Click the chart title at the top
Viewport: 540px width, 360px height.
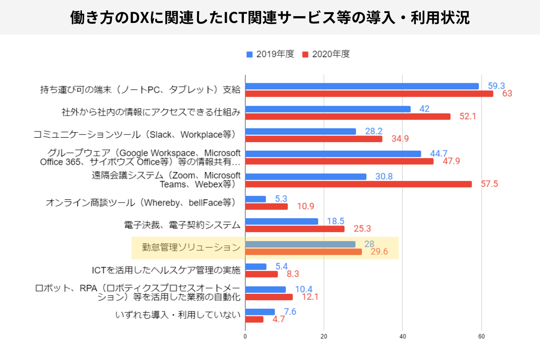coord(270,18)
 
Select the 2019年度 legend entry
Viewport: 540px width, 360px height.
coord(270,54)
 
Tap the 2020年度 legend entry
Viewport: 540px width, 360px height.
coord(326,54)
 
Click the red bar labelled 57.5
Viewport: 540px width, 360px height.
coord(358,184)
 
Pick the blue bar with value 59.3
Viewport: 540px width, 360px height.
coord(362,86)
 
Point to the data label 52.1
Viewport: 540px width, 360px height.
coord(468,117)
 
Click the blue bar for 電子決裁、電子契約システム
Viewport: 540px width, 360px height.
coord(282,221)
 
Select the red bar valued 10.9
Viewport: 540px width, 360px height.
coord(266,207)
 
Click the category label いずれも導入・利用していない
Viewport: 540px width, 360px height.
coord(178,315)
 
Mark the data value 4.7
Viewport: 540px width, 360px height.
coord(279,319)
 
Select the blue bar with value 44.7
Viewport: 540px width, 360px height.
coord(333,154)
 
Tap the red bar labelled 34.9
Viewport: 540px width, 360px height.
coord(314,139)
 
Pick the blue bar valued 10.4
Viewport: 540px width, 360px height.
coord(265,289)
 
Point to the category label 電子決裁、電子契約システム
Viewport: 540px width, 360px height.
coord(182,225)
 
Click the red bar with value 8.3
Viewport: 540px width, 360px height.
coord(261,274)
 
